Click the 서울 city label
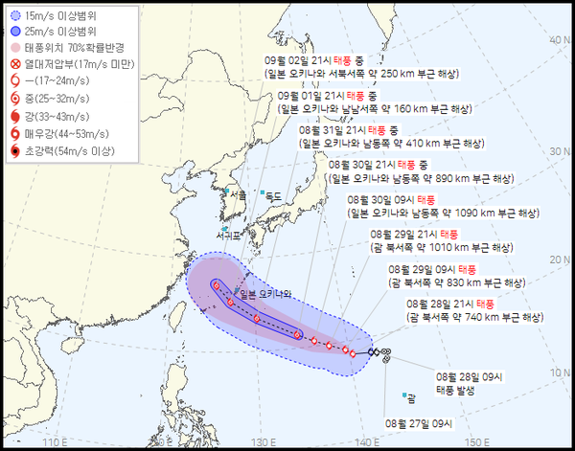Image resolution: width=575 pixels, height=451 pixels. click(x=238, y=195)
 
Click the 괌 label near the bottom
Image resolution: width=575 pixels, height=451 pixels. click(x=411, y=397)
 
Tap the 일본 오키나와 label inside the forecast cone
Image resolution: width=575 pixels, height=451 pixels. click(x=264, y=294)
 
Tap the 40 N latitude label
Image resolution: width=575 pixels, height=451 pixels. click(x=556, y=40)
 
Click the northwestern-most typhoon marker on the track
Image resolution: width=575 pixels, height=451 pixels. click(x=218, y=285)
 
